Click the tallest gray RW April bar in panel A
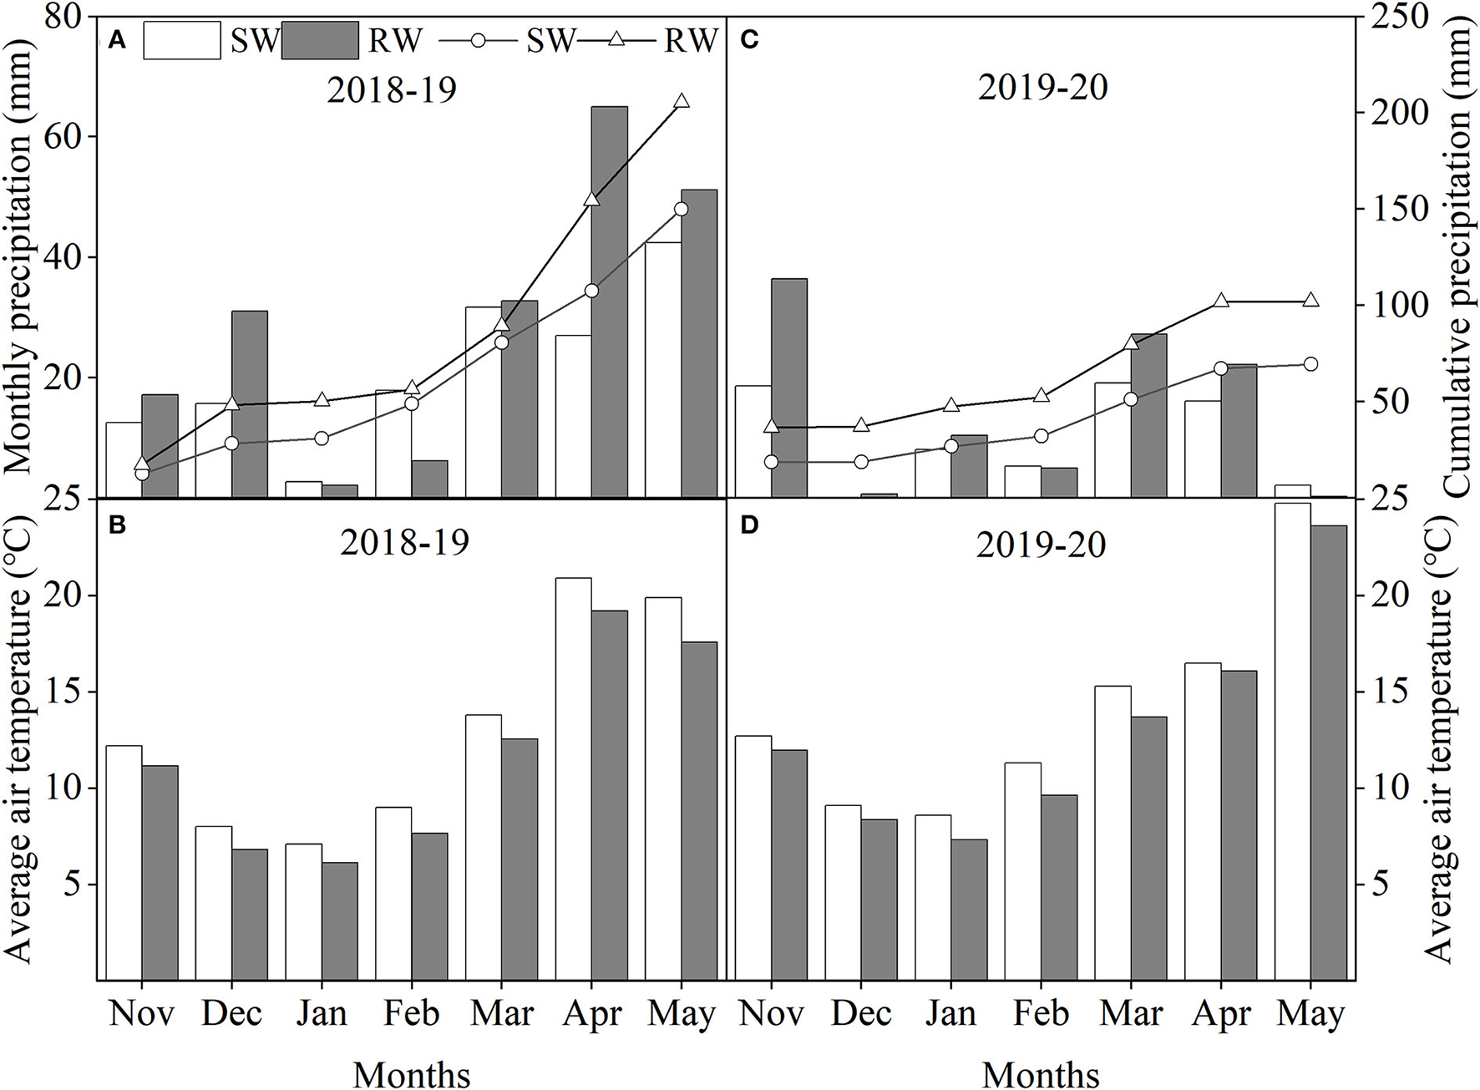[609, 301]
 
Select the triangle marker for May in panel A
[682, 101]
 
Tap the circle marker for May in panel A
[681, 209]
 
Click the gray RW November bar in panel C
[788, 388]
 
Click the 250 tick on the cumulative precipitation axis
[1391, 18]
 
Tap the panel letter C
[749, 41]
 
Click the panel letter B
[118, 525]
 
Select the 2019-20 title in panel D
[1041, 545]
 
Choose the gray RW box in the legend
[321, 41]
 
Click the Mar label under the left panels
[502, 1013]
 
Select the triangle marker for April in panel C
[1221, 301]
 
